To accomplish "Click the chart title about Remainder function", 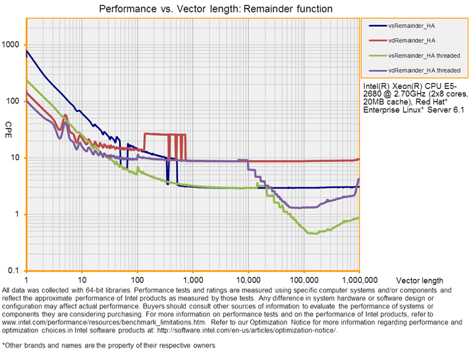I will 215,9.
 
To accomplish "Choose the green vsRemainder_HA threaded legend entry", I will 424,55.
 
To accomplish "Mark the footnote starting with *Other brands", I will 109,345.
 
